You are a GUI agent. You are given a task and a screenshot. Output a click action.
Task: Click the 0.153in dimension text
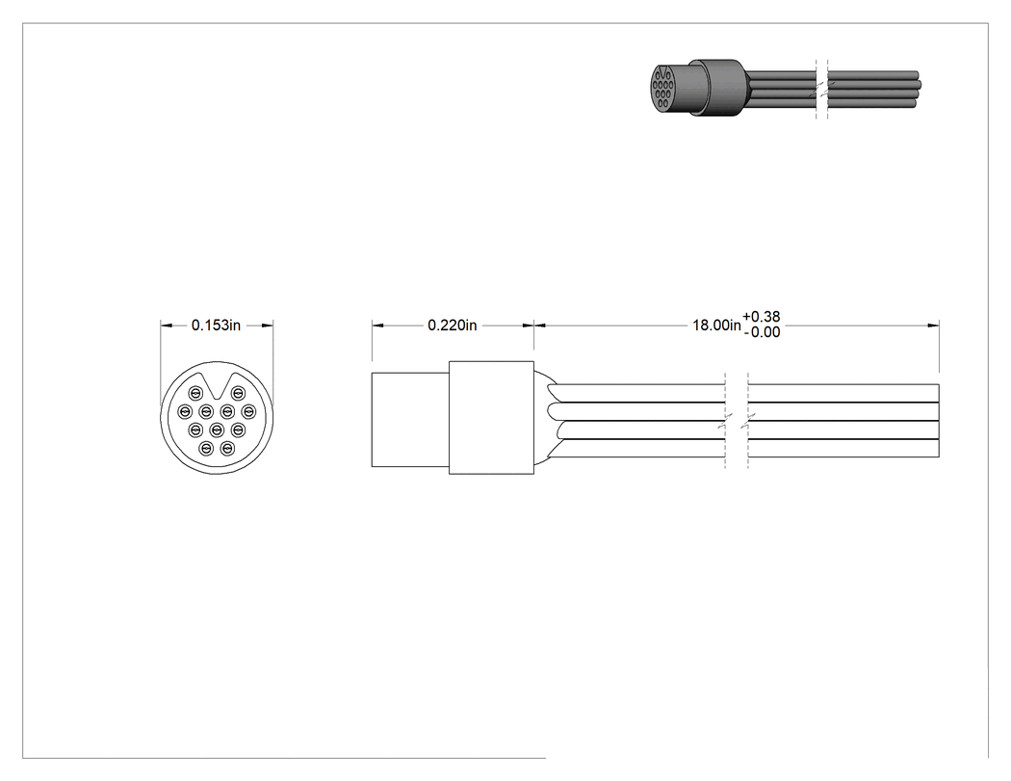pyautogui.click(x=216, y=325)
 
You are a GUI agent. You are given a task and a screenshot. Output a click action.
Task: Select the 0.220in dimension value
pyautogui.click(x=453, y=325)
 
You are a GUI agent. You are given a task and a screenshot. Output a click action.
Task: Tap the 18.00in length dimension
pyautogui.click(x=717, y=325)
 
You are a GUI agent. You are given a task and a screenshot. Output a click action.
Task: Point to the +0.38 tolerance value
pyautogui.click(x=762, y=317)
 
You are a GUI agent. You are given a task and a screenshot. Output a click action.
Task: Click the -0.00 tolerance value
pyautogui.click(x=762, y=332)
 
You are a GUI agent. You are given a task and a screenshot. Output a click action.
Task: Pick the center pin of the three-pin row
pyautogui.click(x=217, y=429)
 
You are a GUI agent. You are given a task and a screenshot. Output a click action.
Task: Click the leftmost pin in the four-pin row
pyautogui.click(x=185, y=411)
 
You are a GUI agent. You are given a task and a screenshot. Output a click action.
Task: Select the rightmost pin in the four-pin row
pyautogui.click(x=248, y=411)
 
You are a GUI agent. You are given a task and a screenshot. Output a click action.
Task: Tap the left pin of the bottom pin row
pyautogui.click(x=206, y=448)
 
